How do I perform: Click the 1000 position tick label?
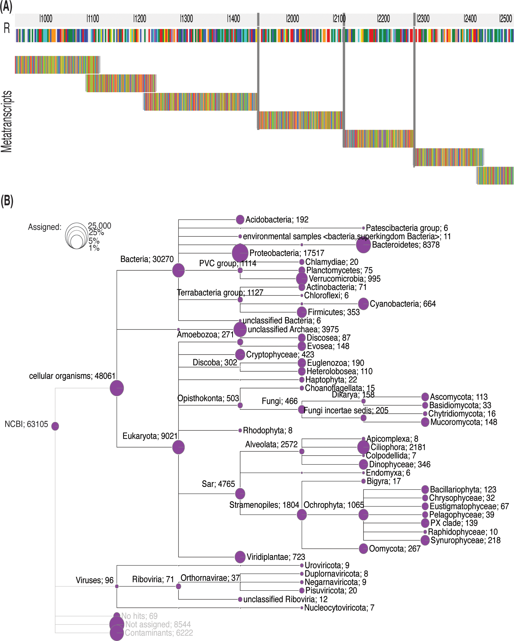point(46,19)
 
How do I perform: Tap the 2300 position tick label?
point(423,19)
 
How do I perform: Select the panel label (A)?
point(6,7)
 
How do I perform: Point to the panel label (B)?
point(7,201)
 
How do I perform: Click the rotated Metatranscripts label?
point(7,121)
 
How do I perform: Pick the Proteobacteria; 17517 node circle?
point(240,253)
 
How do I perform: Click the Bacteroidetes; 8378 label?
point(405,245)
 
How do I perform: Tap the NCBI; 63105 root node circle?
point(55,426)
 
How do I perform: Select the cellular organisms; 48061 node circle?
point(117,388)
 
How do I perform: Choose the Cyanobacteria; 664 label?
point(403,304)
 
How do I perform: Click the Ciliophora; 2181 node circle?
point(364,447)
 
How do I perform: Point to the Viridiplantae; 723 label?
point(276,557)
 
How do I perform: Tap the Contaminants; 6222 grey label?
point(159,633)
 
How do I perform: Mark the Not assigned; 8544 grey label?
point(158,625)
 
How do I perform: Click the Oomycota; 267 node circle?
point(364,548)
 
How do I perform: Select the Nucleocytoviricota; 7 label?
point(339,608)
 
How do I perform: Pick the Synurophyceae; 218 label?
point(465,540)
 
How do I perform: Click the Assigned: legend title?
point(45,227)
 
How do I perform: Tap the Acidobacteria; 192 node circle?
point(240,219)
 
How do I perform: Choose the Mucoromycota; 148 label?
point(463,422)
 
